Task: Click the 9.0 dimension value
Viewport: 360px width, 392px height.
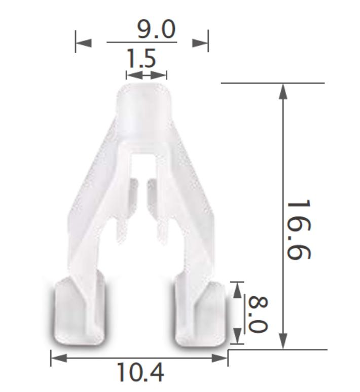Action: pos(156,29)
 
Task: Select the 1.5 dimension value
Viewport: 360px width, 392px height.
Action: pos(141,58)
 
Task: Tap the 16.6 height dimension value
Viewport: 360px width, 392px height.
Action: pos(299,229)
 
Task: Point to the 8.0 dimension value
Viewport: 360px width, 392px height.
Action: pos(259,315)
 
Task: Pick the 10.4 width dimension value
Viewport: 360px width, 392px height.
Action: pos(140,372)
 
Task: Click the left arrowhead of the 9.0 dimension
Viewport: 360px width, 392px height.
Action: pos(84,43)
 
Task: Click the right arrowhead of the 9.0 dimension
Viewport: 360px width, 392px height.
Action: pos(200,43)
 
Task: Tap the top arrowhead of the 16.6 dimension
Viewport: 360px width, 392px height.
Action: pos(283,92)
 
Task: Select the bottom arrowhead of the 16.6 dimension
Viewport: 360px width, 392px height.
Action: pos(283,340)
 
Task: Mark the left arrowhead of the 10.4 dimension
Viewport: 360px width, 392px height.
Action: pos(59,358)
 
